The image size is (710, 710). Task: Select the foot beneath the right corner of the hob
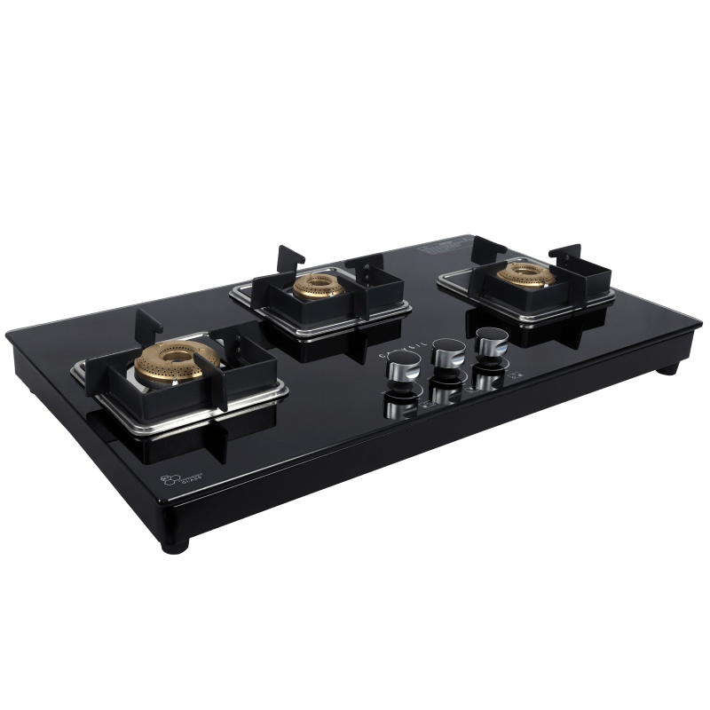tap(670, 367)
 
